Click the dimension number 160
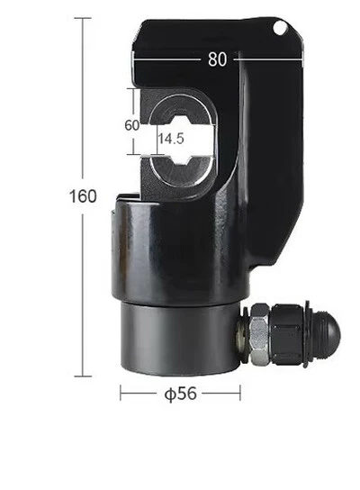(x=83, y=196)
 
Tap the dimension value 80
(x=217, y=59)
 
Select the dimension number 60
(x=131, y=125)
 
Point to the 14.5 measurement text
(x=171, y=138)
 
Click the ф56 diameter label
(x=181, y=394)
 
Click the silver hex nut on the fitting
(x=260, y=335)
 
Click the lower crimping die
(x=183, y=171)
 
